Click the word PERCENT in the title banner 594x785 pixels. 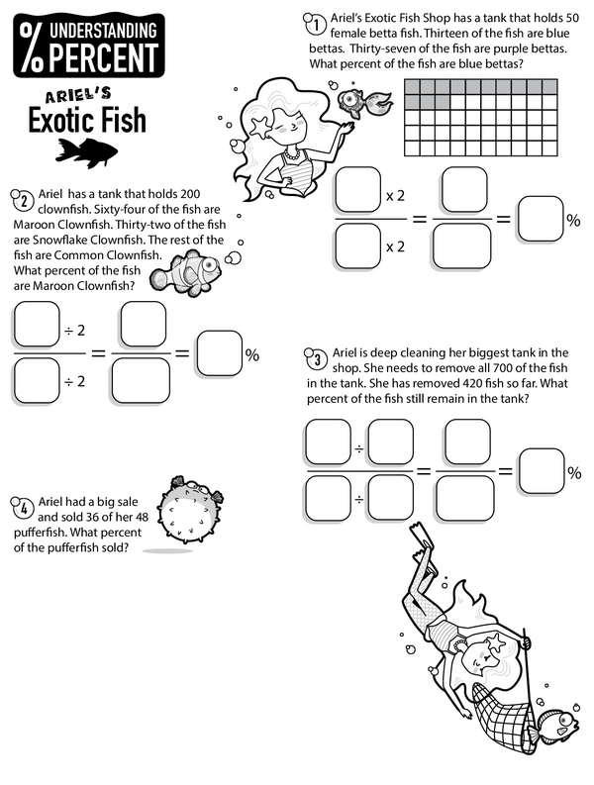(104, 57)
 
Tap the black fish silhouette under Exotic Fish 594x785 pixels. (87, 152)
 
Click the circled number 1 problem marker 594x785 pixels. (316, 25)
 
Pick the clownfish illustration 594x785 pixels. (186, 274)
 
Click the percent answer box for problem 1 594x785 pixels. (541, 219)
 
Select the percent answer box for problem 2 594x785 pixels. (220, 353)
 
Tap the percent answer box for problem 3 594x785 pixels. (542, 471)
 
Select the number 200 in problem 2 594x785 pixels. (190, 194)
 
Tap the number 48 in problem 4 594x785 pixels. (142, 517)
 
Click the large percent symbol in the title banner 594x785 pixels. (30, 48)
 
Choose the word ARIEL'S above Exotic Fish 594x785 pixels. (78, 95)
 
